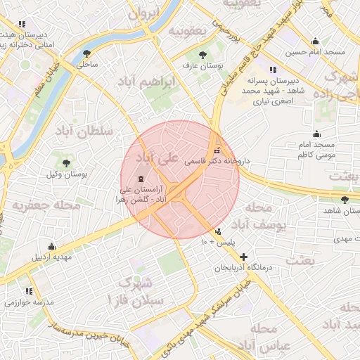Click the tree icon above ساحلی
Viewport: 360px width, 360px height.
coord(86,53)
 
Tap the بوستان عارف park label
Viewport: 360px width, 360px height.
coord(202,65)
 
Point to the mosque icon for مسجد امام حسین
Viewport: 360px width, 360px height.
coord(314,41)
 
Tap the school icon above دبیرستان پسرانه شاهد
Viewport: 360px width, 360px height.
coord(272,70)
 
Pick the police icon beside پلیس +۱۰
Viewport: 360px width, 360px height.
coord(219,231)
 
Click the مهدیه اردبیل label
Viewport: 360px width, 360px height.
coord(51,257)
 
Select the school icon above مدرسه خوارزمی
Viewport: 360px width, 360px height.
coord(29,290)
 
